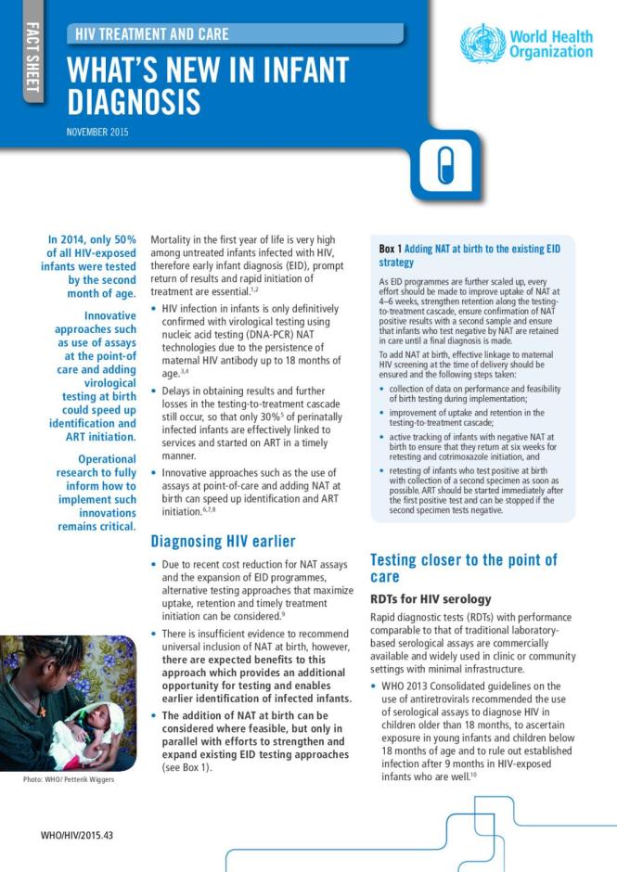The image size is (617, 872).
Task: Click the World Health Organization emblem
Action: point(482,43)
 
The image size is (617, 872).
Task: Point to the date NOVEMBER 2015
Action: point(97,132)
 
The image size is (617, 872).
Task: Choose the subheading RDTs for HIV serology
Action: point(431,598)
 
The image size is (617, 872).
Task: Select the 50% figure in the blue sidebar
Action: point(125,240)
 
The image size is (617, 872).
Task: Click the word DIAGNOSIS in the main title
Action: point(133,101)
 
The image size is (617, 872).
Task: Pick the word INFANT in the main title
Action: point(300,71)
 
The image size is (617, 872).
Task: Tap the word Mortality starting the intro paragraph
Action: point(177,238)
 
